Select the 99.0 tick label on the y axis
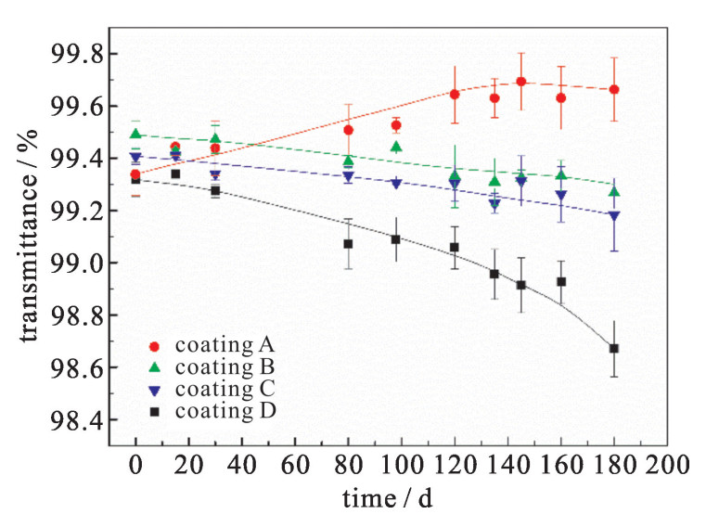point(73,263)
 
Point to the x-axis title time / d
point(386,497)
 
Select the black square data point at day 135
point(494,274)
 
